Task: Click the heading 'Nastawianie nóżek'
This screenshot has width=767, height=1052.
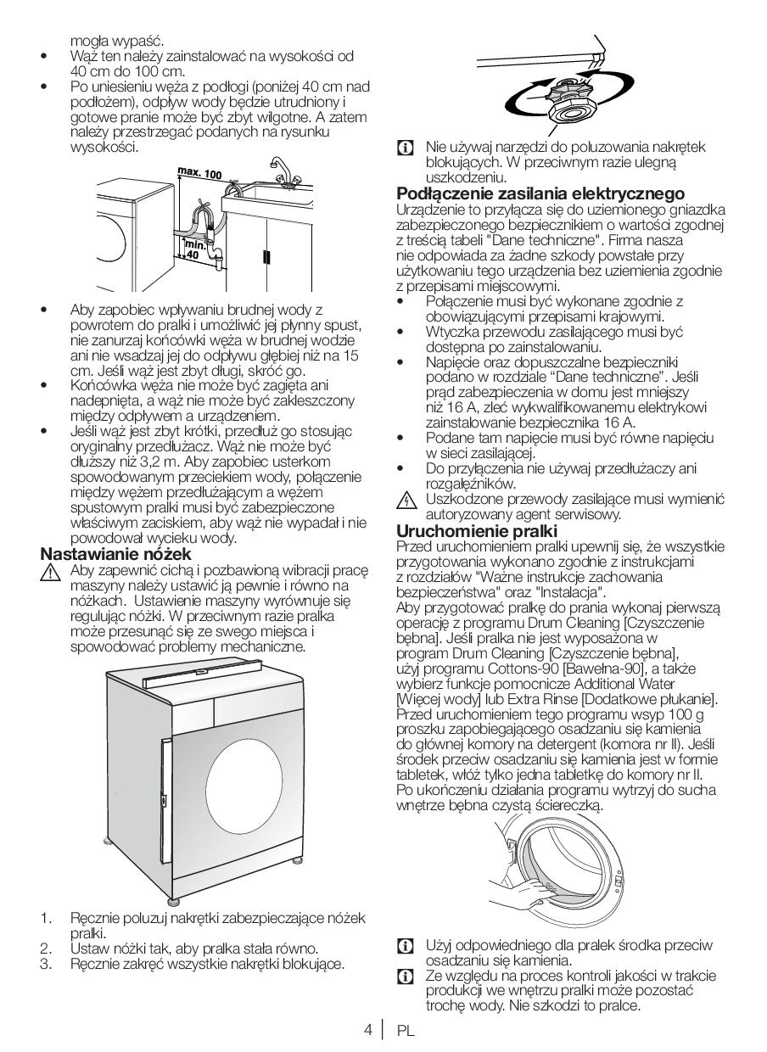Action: coord(116,554)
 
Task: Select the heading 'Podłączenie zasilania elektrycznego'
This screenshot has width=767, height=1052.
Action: coord(540,193)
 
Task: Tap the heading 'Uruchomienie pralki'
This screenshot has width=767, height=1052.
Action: coord(477,531)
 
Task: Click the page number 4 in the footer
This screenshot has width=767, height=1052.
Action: coord(367,1030)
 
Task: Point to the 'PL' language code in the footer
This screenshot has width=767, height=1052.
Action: coord(405,1031)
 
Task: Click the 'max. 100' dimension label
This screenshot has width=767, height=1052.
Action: coord(199,173)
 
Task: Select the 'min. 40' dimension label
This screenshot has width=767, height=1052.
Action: coord(194,248)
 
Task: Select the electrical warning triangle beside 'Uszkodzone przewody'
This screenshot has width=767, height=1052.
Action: coord(406,501)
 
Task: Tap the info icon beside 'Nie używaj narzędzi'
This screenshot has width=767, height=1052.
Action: coord(406,148)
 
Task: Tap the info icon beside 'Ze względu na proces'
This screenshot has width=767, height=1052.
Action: coord(406,976)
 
